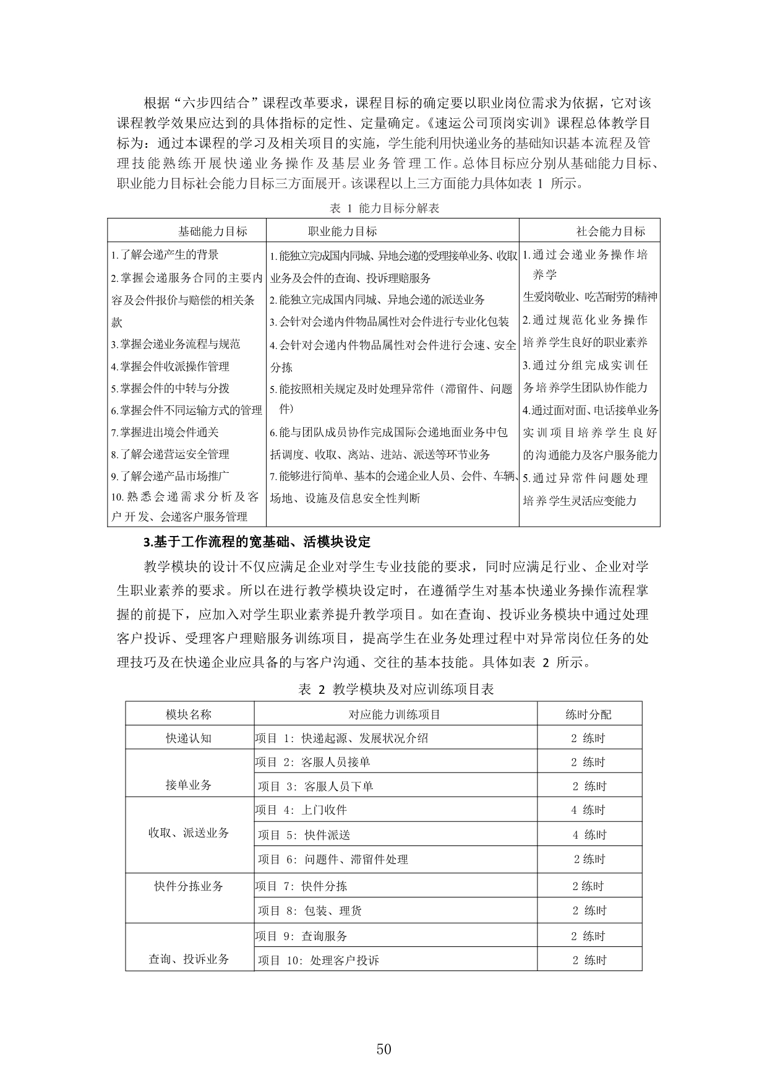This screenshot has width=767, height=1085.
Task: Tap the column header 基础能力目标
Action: [212, 231]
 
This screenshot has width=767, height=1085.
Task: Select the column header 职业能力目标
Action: [342, 231]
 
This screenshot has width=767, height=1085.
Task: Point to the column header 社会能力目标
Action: [610, 231]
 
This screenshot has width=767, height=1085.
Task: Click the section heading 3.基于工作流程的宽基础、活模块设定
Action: [257, 542]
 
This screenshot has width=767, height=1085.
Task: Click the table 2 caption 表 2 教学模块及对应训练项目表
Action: [396, 689]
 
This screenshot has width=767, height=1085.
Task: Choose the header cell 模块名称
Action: [189, 714]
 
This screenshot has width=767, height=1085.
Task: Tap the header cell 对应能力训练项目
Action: [395, 714]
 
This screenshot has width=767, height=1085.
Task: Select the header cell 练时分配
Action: [588, 714]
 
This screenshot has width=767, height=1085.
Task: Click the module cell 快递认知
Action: [189, 738]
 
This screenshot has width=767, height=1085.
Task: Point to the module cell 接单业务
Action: [189, 785]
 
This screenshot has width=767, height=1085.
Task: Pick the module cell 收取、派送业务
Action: [189, 832]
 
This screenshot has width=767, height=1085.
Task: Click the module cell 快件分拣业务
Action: [189, 886]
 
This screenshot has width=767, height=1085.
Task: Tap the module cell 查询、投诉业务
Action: [189, 959]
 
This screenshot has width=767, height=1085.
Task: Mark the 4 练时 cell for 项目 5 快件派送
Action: [589, 835]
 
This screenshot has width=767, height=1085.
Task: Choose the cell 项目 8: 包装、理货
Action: [310, 910]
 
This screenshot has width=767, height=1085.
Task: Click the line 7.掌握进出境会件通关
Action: [165, 432]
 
